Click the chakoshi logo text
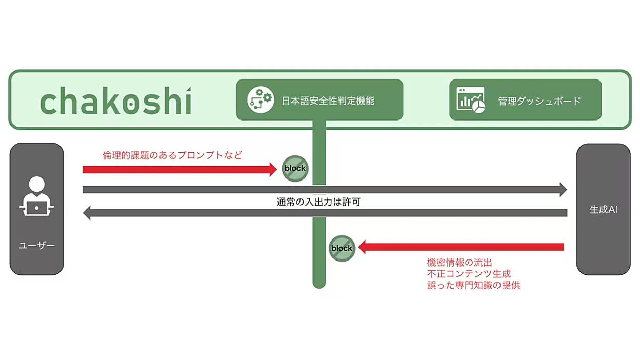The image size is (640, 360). click(116, 101)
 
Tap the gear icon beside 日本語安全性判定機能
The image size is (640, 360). click(261, 99)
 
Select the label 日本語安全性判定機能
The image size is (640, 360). click(328, 101)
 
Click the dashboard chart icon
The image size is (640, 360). click(470, 100)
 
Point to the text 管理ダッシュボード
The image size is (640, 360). click(539, 101)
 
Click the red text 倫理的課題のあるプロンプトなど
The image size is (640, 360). click(172, 155)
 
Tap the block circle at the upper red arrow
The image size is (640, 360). click(295, 168)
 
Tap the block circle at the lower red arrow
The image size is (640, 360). click(342, 248)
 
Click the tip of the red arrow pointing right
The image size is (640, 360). click(276, 169)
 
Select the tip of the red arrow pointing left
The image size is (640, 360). click(358, 247)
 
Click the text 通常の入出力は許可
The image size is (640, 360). click(318, 202)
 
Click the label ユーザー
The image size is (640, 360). click(36, 246)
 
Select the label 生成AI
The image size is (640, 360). click(604, 210)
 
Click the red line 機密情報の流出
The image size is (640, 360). click(459, 262)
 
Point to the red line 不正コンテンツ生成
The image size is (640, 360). click(469, 274)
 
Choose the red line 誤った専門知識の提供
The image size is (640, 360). click(474, 285)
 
